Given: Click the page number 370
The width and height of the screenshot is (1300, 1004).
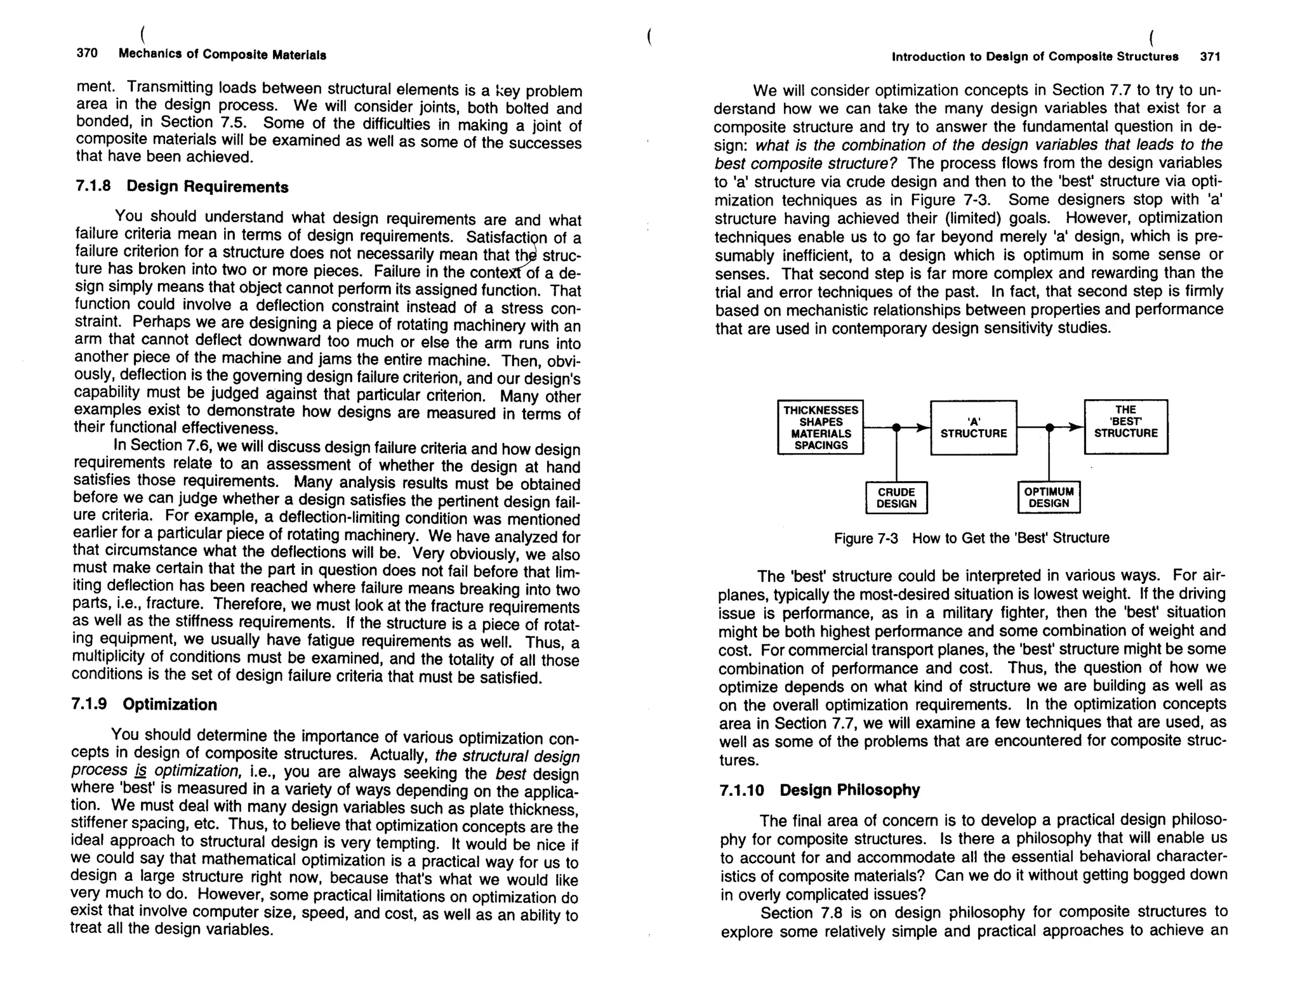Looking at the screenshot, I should coord(87,53).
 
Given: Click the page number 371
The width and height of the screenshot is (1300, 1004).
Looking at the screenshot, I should coord(1210,56).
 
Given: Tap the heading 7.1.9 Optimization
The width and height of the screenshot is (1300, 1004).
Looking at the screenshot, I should coord(144,704).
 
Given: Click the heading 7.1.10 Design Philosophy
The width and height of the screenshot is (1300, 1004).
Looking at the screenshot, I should coord(819,790).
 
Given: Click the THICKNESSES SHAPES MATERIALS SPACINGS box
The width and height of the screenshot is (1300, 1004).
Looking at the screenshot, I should coord(821,428).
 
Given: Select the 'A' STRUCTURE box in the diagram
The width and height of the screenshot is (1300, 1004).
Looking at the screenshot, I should coord(974,428).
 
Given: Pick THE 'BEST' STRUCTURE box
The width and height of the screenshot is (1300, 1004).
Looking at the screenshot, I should coord(1125,426).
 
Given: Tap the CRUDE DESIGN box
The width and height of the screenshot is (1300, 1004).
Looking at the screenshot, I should coord(896,498).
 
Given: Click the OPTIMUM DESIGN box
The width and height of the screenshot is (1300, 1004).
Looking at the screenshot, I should coord(1049,498).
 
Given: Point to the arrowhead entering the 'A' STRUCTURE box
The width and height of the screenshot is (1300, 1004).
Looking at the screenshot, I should coord(923,428).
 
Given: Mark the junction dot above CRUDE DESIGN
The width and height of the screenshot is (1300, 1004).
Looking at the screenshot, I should coord(896,428).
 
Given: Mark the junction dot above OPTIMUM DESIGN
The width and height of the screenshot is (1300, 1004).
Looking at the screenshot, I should coord(1049,428).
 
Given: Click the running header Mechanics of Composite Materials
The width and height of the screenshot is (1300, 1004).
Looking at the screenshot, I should coord(222,55).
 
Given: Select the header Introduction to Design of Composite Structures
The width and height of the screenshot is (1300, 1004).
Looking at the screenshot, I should coord(1035,56).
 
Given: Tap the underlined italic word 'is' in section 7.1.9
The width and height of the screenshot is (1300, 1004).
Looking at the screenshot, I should coord(140,771).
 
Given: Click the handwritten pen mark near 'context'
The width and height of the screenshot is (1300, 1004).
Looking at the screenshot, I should coord(529,263).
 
